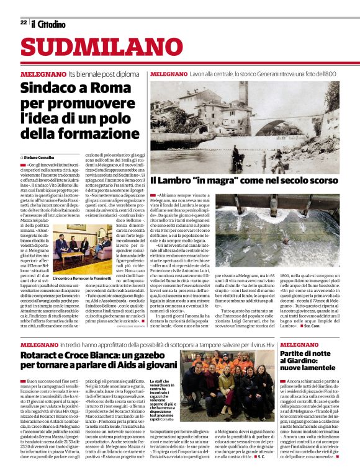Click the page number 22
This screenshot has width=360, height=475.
(x=24, y=22)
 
